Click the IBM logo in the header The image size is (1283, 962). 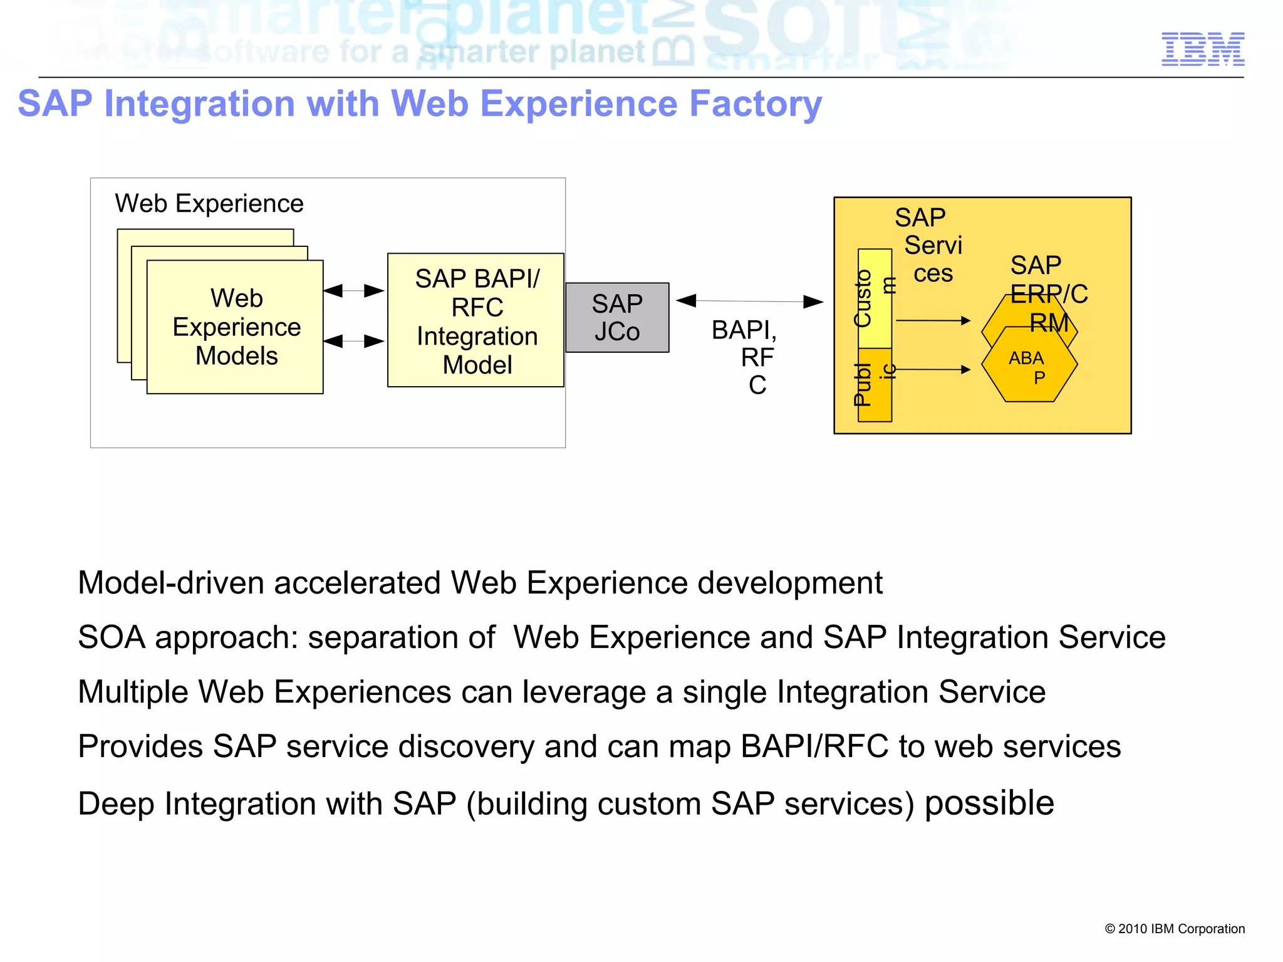click(x=1202, y=49)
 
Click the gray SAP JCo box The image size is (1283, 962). click(x=617, y=318)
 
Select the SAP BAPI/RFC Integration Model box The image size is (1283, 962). click(x=476, y=320)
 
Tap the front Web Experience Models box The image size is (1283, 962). click(x=236, y=327)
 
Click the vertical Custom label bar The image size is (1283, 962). click(x=875, y=298)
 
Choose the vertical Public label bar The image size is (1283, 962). click(x=875, y=385)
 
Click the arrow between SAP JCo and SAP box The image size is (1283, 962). click(x=750, y=301)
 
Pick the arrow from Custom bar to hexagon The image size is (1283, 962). click(x=933, y=321)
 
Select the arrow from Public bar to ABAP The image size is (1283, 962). click(x=933, y=370)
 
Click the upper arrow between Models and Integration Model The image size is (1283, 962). click(x=354, y=291)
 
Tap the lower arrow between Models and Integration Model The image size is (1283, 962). click(x=354, y=341)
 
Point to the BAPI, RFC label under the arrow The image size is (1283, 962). click(x=749, y=356)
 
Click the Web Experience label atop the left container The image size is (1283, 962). click(x=209, y=204)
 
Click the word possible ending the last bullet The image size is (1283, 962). click(x=989, y=803)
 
